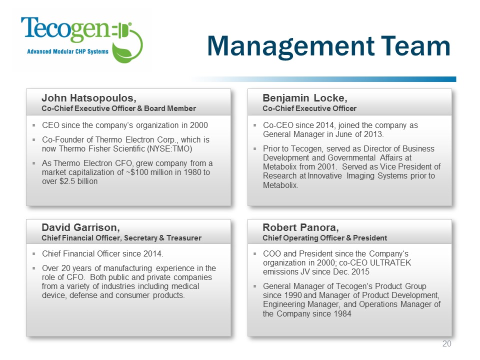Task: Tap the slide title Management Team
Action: point(328,46)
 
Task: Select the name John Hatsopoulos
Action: point(89,97)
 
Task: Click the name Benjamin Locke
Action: point(305,97)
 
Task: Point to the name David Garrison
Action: point(80,227)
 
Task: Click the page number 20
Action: point(447,344)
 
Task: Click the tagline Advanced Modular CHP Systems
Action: point(67,51)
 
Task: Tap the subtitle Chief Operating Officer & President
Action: point(325,238)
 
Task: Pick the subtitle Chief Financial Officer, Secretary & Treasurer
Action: point(121,238)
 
